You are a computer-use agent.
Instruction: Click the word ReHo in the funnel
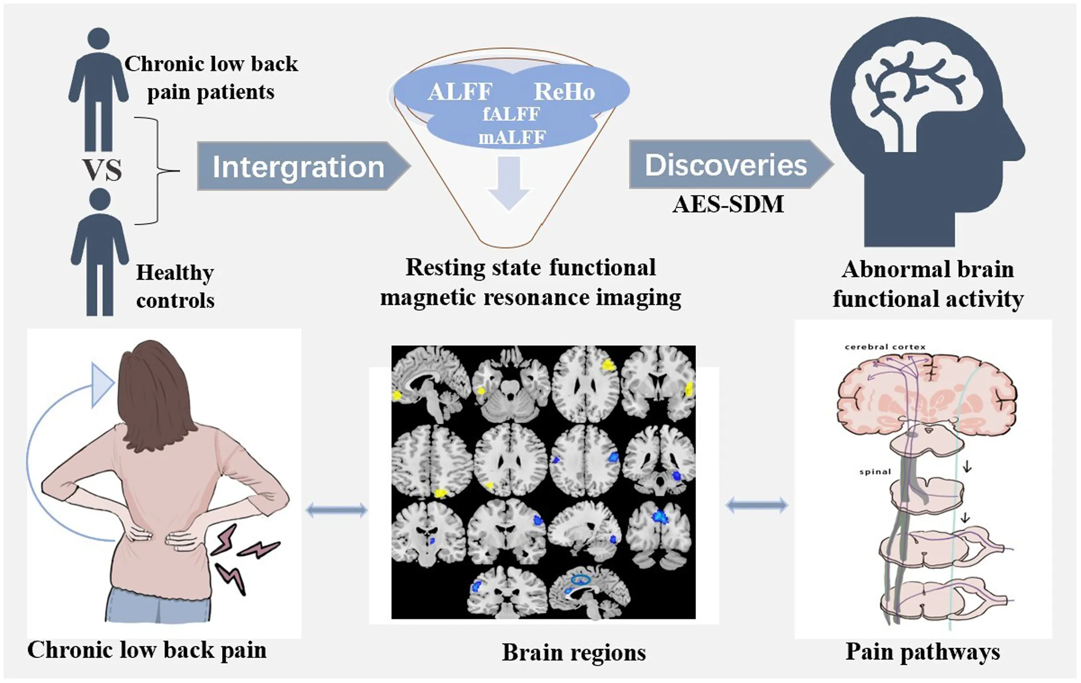click(x=564, y=92)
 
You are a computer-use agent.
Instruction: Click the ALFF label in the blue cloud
click(x=460, y=92)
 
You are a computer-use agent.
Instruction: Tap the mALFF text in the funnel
click(x=512, y=138)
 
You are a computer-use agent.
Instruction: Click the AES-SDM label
click(x=728, y=204)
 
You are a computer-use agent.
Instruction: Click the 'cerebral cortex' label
click(x=885, y=347)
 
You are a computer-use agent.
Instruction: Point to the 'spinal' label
click(x=875, y=471)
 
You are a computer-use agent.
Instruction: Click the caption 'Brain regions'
click(x=573, y=652)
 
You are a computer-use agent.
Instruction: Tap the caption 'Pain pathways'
click(x=922, y=651)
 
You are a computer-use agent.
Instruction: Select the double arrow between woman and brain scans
click(x=336, y=510)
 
